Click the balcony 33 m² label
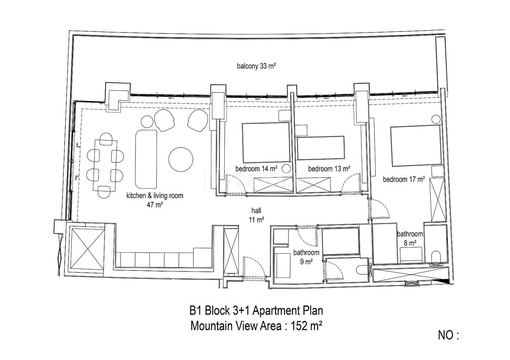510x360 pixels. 256,67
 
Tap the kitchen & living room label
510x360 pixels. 155,200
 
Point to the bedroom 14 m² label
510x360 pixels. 256,168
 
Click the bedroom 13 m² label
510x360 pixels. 329,168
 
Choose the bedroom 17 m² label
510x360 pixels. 404,179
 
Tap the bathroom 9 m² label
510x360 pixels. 306,257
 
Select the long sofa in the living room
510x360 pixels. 146,158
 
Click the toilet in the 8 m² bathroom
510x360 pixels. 436,256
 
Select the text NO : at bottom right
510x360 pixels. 449,335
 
